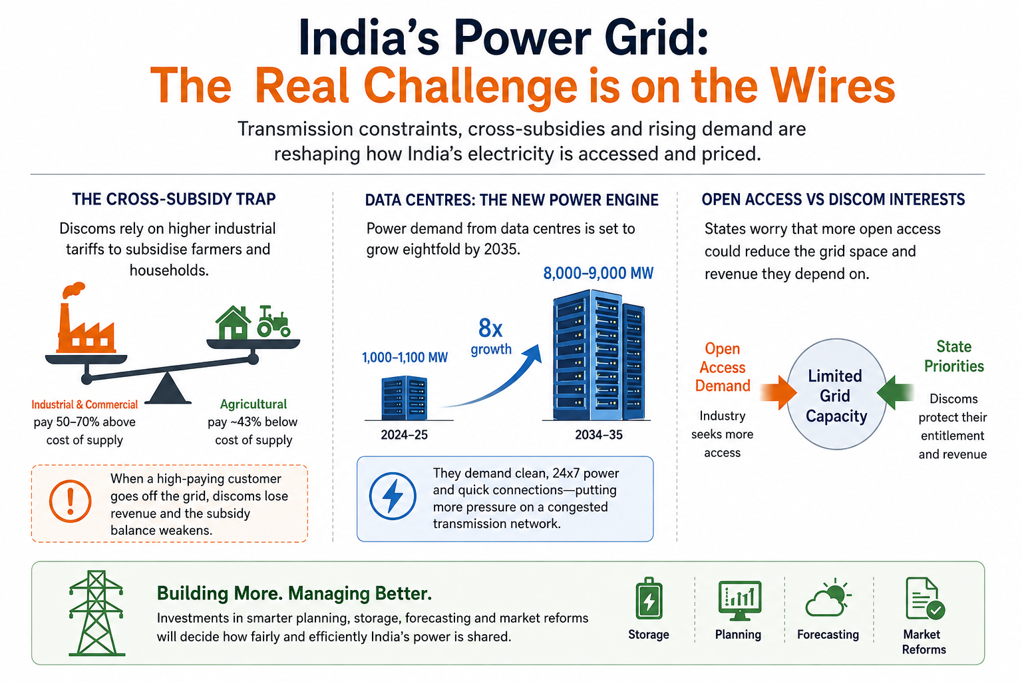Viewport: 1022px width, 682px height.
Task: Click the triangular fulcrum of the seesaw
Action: click(168, 388)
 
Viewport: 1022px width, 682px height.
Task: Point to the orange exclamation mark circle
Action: click(71, 501)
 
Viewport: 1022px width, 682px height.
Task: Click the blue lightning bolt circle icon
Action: click(393, 496)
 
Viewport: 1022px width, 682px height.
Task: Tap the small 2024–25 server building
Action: click(405, 398)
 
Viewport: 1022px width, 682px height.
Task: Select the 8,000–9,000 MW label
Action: click(598, 273)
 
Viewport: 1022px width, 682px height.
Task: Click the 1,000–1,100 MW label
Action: click(405, 357)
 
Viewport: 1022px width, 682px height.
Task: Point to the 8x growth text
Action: click(491, 336)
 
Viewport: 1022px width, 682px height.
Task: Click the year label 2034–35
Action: click(599, 434)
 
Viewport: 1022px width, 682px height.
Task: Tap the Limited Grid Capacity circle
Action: click(836, 394)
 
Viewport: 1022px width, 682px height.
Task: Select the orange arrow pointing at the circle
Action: click(778, 392)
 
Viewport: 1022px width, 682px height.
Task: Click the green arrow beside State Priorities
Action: click(895, 392)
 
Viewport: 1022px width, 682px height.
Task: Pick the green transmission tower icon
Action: click(96, 613)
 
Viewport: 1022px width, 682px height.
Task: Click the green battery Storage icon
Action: click(649, 599)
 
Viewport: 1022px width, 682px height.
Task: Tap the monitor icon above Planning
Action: click(739, 601)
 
